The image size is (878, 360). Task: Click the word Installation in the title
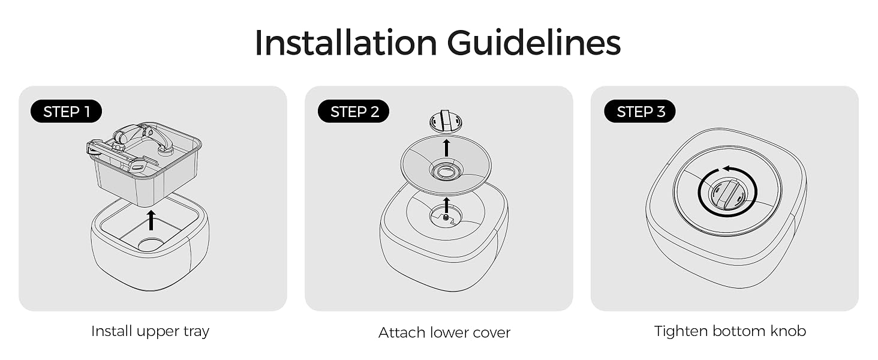click(345, 43)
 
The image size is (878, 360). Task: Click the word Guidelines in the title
click(534, 43)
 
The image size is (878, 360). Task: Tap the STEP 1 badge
click(66, 112)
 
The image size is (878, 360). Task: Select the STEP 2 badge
click(354, 112)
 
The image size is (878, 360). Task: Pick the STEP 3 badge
click(640, 112)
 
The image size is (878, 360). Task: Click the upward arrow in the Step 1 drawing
click(151, 220)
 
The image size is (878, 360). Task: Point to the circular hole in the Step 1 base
click(151, 245)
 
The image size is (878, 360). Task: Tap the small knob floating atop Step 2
click(446, 122)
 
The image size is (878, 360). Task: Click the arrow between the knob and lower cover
click(446, 148)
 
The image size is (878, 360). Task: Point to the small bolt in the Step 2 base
click(446, 217)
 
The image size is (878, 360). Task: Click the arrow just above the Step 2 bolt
click(446, 205)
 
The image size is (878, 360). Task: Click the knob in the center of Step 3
click(728, 193)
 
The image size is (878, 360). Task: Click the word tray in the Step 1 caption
click(196, 332)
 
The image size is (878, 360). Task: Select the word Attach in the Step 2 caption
click(402, 332)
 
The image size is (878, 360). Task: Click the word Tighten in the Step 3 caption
click(681, 332)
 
